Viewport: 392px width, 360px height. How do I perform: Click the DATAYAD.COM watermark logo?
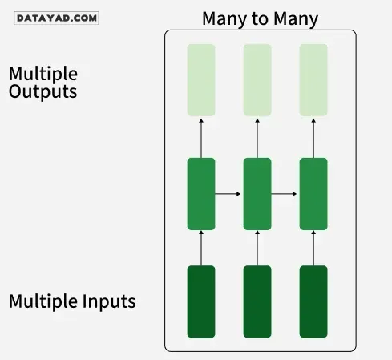[56, 18]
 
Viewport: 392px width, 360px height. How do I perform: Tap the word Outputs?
[43, 92]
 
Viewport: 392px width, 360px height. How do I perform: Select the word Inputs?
[109, 301]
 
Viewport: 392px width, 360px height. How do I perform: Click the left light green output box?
[201, 80]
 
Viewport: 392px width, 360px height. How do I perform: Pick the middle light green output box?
[257, 80]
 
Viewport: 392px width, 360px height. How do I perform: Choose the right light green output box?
[313, 80]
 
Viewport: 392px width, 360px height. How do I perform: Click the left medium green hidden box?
[201, 194]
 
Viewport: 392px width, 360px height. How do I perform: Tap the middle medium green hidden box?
[257, 194]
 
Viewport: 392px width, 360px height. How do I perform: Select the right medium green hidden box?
[313, 194]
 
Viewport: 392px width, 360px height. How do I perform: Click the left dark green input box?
[201, 301]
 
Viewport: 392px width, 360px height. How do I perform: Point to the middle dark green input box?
[257, 301]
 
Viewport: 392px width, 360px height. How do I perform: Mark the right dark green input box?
[313, 301]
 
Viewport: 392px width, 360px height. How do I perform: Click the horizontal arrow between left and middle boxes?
[228, 194]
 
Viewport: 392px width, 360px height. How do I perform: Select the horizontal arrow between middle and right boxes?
[284, 194]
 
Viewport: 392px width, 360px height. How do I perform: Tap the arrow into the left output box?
[201, 139]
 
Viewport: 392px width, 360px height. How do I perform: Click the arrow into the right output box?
[313, 139]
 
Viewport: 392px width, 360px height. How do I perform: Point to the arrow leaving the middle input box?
[257, 249]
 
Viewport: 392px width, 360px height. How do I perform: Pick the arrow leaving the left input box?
[201, 249]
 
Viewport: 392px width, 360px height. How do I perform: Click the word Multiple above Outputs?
[43, 75]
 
